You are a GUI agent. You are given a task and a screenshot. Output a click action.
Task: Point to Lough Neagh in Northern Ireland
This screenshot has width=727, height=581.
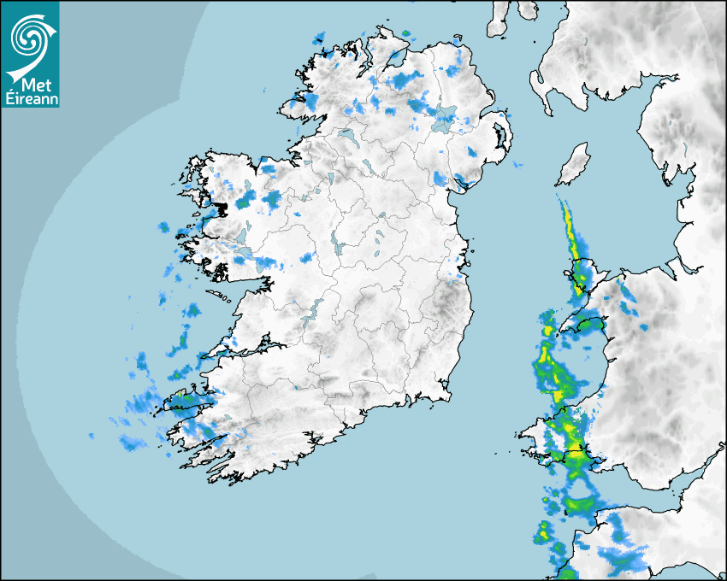click(444, 120)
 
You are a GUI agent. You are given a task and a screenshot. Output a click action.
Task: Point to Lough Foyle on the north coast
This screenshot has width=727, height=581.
click(394, 59)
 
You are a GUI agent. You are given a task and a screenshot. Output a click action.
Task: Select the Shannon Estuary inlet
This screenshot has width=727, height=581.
click(239, 349)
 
